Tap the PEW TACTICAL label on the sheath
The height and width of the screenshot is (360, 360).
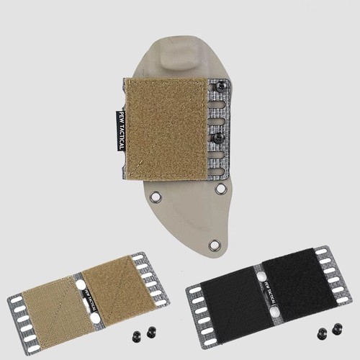pyautogui.click(x=121, y=131)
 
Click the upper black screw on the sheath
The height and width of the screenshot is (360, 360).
pyautogui.click(x=220, y=87)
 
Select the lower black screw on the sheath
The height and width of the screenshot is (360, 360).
pyautogui.click(x=220, y=138)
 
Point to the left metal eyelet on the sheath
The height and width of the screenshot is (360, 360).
pyautogui.click(x=156, y=197)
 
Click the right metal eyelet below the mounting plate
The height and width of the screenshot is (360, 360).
pyautogui.click(x=221, y=189)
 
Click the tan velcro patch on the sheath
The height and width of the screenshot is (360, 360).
pyautogui.click(x=166, y=129)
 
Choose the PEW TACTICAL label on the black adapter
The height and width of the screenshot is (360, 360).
pyautogui.click(x=271, y=292)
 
